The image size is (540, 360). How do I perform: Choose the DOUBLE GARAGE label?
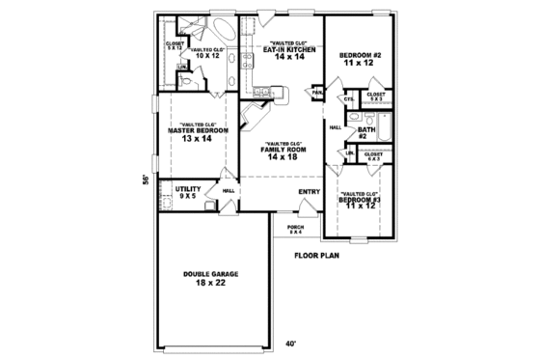point(211,274)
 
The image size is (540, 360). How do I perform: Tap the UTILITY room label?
point(187,188)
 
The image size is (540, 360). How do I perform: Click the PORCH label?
point(295,228)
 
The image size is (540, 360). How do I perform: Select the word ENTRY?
point(309,191)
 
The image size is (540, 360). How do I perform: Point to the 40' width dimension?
point(289,343)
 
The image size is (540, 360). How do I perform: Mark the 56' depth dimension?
point(145,180)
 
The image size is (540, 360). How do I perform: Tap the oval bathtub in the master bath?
point(219,28)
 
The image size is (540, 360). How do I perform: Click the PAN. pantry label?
point(316,94)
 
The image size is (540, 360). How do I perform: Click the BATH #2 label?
point(366,132)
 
